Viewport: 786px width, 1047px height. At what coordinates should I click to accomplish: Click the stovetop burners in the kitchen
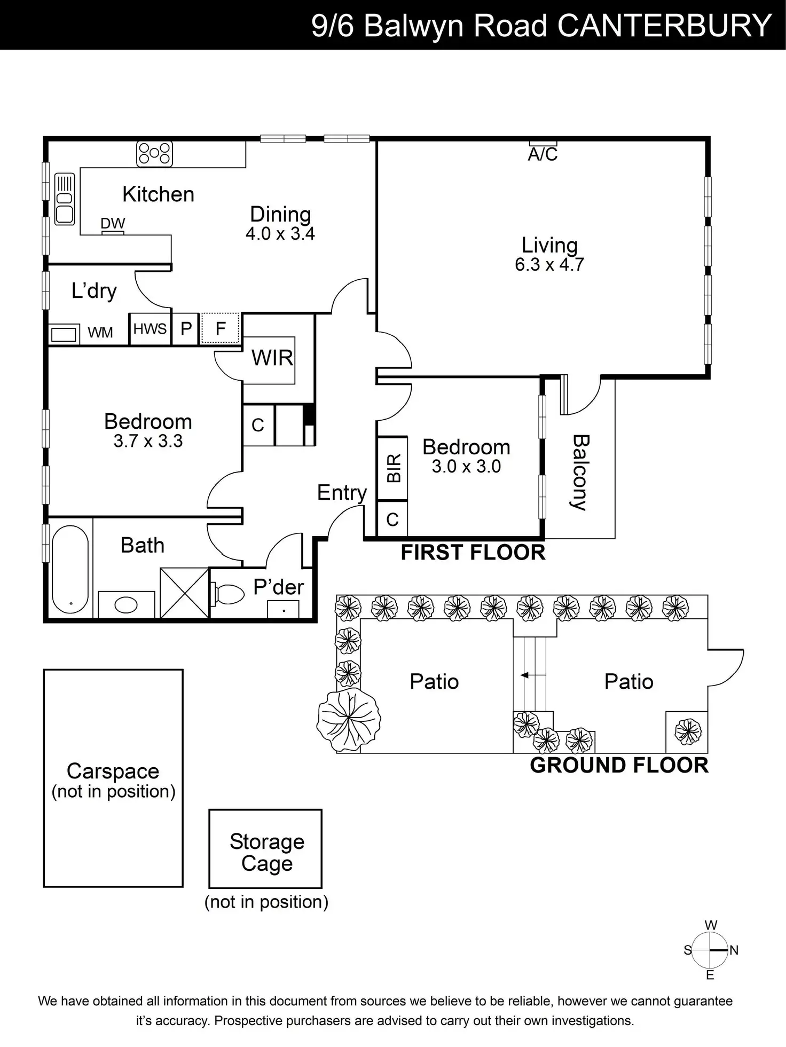154,153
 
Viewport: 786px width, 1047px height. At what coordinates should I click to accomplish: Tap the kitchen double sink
65,199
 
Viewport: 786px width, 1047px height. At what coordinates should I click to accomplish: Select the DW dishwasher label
113,224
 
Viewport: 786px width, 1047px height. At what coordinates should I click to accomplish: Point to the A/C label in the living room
543,154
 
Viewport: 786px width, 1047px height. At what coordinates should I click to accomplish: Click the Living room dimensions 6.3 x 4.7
549,265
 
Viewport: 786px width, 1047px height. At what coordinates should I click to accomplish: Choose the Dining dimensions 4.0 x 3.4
280,234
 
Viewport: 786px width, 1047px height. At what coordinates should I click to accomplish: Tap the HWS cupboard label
150,329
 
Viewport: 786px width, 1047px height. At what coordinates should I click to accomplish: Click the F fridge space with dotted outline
221,328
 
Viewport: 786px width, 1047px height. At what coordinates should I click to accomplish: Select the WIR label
272,358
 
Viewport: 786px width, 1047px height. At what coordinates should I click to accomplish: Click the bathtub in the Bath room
70,569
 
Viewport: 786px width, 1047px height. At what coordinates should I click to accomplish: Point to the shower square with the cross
184,593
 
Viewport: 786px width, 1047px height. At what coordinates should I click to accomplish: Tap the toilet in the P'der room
228,594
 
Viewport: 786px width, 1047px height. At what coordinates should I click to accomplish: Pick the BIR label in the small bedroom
394,468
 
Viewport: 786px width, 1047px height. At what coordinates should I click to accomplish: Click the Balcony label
580,473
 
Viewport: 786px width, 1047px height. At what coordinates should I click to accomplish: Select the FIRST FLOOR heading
473,553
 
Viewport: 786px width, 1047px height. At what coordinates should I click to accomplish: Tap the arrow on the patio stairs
525,675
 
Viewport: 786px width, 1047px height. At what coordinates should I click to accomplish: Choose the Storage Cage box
265,848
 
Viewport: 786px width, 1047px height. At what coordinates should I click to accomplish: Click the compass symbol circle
710,950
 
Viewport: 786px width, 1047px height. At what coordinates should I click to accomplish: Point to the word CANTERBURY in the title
665,25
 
